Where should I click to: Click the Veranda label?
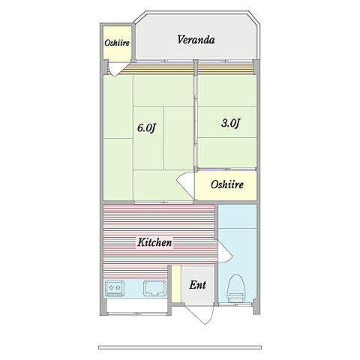tap(196, 40)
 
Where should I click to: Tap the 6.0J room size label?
tap(147, 128)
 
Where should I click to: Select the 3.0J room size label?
tap(230, 123)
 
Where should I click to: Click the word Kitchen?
tap(154, 242)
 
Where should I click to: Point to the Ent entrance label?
tap(197, 285)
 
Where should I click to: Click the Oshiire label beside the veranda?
tap(117, 43)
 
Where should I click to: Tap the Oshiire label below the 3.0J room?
tap(227, 184)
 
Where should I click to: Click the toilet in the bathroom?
tap(235, 288)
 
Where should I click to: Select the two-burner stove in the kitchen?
tap(115, 288)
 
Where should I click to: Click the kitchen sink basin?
tap(154, 288)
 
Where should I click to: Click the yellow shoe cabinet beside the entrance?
tap(176, 283)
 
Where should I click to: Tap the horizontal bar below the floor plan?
tap(180, 347)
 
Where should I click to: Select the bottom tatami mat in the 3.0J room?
tap(227, 152)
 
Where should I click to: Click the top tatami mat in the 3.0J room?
tap(227, 91)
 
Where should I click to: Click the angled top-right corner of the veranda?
tap(253, 18)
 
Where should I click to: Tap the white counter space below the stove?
tap(136, 305)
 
